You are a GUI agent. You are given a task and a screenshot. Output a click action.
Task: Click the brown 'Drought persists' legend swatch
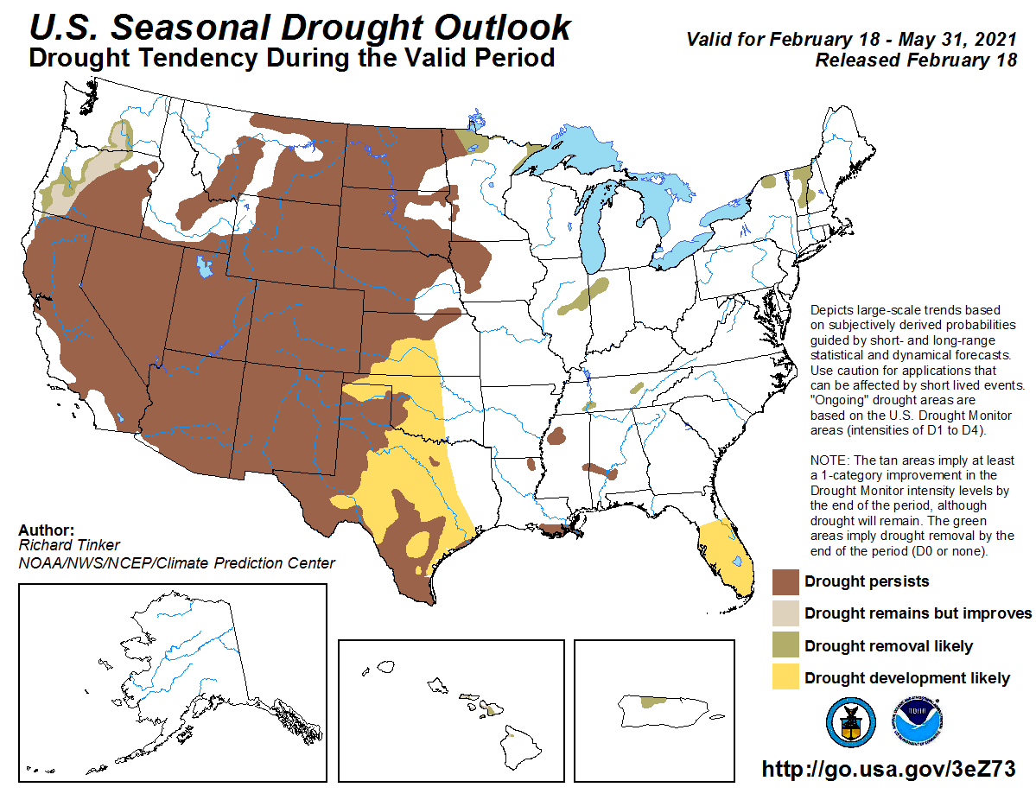coord(785,581)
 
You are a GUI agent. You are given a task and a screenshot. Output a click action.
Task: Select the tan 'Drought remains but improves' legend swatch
coord(785,613)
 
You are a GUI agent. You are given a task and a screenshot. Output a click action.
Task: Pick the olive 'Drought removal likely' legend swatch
coord(785,645)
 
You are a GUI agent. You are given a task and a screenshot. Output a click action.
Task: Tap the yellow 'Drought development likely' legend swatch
coord(785,677)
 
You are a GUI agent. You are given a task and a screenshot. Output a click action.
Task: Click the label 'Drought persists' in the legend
coord(867,581)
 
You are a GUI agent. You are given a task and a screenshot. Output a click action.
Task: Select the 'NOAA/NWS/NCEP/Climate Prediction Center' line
coord(175,563)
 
